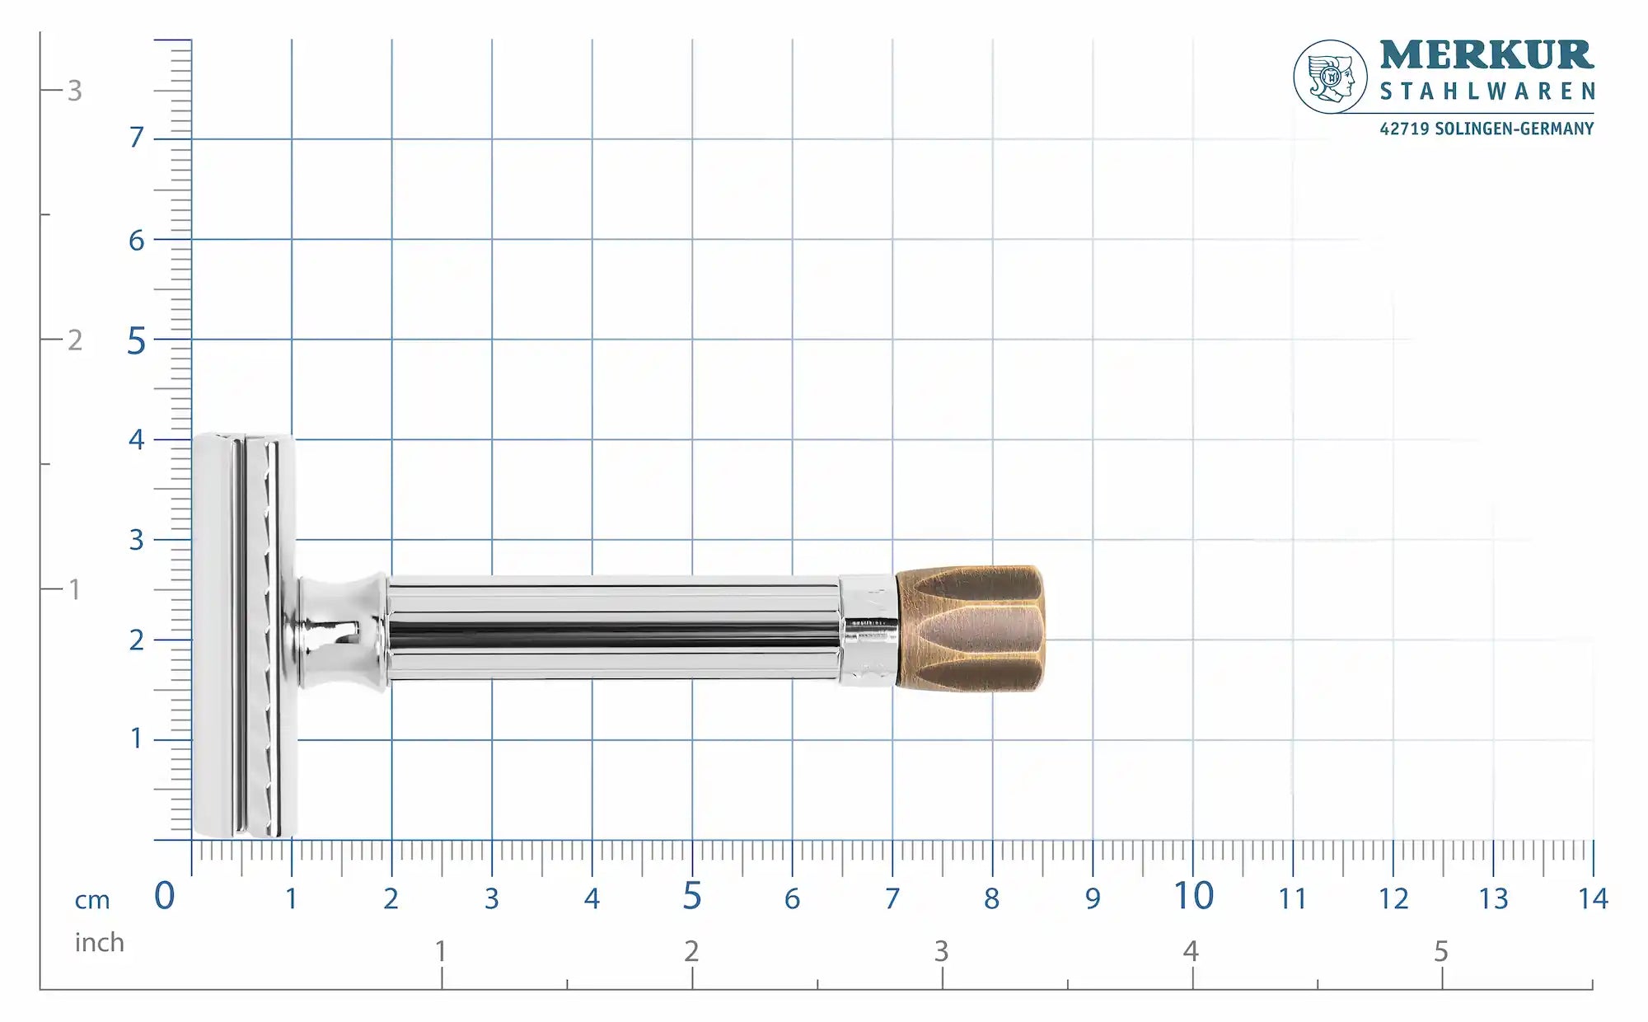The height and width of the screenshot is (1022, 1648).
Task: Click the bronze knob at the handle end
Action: tap(971, 628)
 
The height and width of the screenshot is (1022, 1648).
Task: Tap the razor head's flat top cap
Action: tap(212, 635)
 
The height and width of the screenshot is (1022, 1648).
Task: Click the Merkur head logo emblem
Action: tap(1330, 77)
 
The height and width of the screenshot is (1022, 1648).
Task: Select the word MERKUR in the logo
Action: tap(1486, 55)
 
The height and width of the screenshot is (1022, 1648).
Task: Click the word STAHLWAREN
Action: tap(1487, 91)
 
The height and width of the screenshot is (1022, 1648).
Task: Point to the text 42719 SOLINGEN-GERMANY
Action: tap(1486, 129)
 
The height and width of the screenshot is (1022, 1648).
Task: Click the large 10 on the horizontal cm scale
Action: tap(1193, 897)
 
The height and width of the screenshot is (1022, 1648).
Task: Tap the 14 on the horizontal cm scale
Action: tap(1593, 898)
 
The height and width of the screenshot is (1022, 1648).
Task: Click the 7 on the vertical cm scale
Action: tap(137, 138)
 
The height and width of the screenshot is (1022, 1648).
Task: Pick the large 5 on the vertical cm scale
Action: tap(136, 341)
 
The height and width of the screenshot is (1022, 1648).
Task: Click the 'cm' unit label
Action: tap(92, 900)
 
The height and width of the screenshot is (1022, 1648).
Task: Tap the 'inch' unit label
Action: tap(99, 942)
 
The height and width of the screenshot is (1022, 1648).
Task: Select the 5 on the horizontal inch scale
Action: tap(1440, 952)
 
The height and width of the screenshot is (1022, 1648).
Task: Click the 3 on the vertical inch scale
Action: tap(75, 91)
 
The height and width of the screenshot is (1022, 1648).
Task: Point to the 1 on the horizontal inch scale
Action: tap(441, 951)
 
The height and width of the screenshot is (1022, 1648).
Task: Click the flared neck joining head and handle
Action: tap(342, 631)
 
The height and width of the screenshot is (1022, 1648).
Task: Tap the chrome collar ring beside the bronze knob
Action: tap(868, 631)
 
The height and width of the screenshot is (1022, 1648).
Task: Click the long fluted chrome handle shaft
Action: tap(614, 628)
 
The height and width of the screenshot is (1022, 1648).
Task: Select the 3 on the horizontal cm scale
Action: tap(492, 899)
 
